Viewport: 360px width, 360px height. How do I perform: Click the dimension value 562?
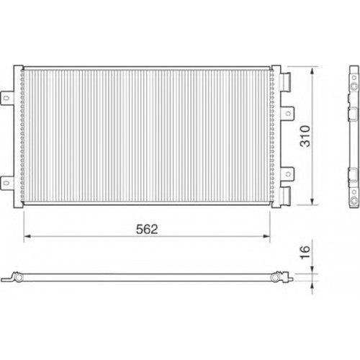[x=147, y=229]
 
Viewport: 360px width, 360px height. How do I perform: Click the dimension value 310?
[x=305, y=136]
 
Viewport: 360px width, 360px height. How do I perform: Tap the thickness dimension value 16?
[x=305, y=252]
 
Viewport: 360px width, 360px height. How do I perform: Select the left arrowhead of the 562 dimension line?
[x=27, y=236]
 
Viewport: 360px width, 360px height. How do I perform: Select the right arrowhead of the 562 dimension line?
[x=266, y=236]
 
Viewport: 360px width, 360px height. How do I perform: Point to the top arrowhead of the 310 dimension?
[x=312, y=71]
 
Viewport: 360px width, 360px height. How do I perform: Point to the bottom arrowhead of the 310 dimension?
[x=312, y=201]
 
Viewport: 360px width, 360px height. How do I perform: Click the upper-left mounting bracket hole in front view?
[x=6, y=98]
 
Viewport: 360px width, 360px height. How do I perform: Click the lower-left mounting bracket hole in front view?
[x=6, y=183]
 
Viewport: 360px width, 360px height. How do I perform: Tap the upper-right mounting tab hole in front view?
[x=288, y=113]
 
